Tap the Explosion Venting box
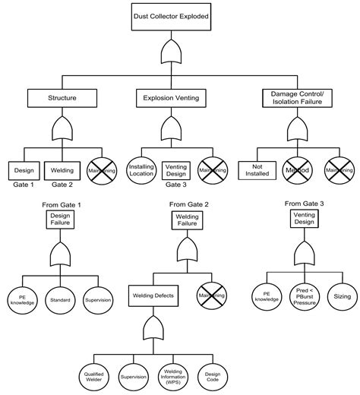170,97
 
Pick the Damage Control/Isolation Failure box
296,97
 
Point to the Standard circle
60,300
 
